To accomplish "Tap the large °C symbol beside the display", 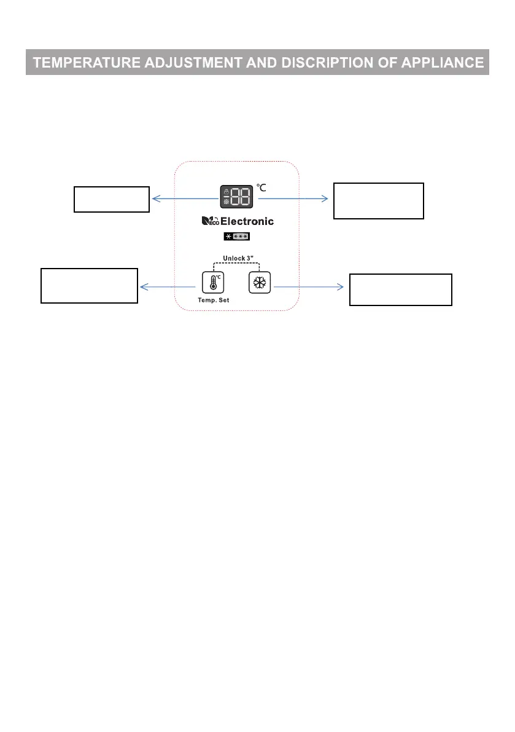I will point(261,188).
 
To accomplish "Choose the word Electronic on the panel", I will point(247,221).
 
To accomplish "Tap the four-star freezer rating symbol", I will point(236,237).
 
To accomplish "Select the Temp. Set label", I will point(212,299).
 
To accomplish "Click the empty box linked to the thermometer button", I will point(89,285).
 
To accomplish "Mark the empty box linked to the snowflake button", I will point(400,289).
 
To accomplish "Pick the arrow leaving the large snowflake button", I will point(307,286).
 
